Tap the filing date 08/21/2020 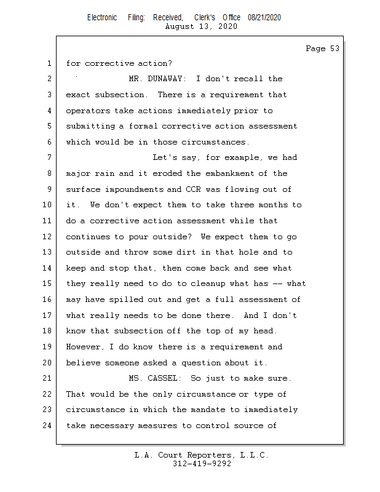coord(264,18)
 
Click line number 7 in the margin coord(48,157)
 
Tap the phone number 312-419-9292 coord(202,464)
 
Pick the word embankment coord(237,173)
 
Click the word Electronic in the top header coord(102,18)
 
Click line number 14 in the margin coord(48,268)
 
